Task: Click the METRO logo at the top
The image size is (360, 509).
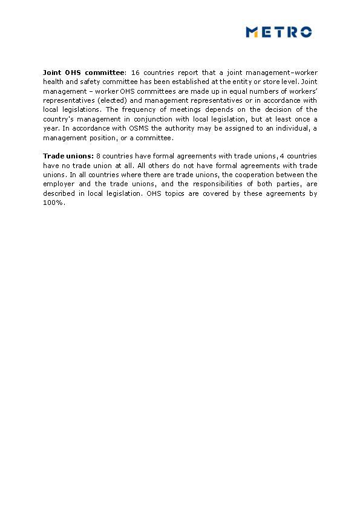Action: (x=279, y=32)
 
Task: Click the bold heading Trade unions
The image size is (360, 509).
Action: (x=68, y=156)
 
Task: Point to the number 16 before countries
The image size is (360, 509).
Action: (x=136, y=73)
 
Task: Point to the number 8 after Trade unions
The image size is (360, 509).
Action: (x=99, y=156)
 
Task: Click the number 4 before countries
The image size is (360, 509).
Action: (x=281, y=156)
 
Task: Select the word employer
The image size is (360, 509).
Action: (x=59, y=184)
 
